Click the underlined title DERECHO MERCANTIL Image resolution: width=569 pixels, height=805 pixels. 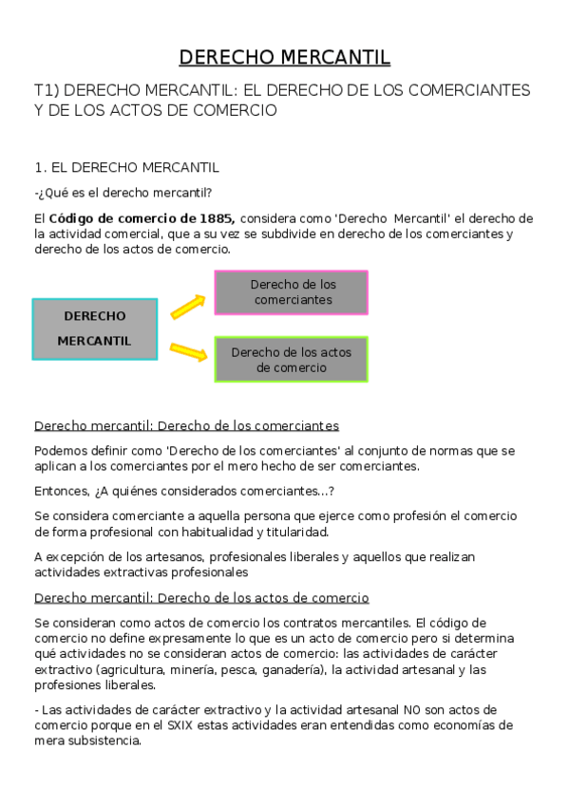(x=285, y=58)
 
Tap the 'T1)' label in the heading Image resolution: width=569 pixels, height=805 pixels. (x=48, y=90)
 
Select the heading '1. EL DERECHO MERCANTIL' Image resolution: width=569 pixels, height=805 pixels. (x=126, y=168)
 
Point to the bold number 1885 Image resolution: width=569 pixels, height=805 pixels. (x=215, y=218)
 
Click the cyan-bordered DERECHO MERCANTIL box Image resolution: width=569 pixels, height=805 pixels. (x=95, y=328)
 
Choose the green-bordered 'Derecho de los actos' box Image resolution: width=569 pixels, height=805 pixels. (x=292, y=360)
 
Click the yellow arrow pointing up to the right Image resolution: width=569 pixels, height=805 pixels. (x=188, y=307)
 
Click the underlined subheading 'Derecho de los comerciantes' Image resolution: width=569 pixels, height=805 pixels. (x=186, y=426)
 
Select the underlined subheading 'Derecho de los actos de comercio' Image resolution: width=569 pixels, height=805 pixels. (x=201, y=598)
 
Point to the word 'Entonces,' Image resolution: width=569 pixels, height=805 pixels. (x=61, y=491)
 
